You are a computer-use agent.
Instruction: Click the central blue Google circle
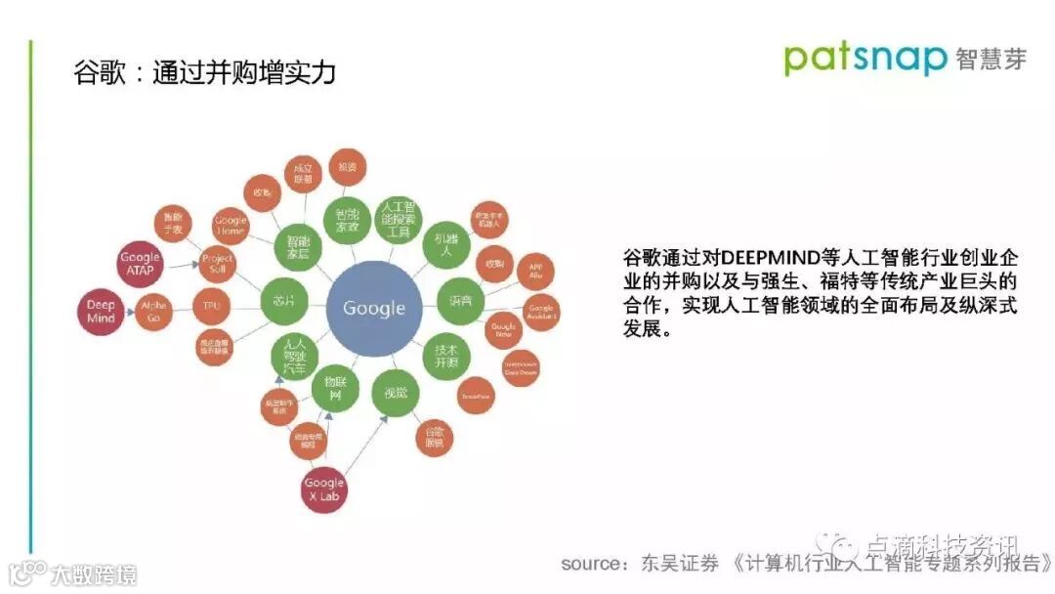click(x=373, y=308)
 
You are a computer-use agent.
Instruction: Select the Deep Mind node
click(x=101, y=312)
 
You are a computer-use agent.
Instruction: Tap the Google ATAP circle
click(x=140, y=264)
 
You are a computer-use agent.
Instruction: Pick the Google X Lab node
click(x=324, y=488)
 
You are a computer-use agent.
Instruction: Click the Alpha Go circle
click(x=154, y=312)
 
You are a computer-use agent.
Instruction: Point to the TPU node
click(x=212, y=308)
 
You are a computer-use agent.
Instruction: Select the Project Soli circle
click(x=217, y=263)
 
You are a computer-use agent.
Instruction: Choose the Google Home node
click(x=231, y=225)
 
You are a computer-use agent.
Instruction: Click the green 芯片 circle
click(x=284, y=301)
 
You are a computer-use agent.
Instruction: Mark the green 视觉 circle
click(x=395, y=393)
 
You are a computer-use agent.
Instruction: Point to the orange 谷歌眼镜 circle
click(x=435, y=437)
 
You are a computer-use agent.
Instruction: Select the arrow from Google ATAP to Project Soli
click(x=181, y=264)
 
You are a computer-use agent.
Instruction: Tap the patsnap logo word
click(x=865, y=58)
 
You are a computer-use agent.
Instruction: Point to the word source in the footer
click(x=592, y=564)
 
